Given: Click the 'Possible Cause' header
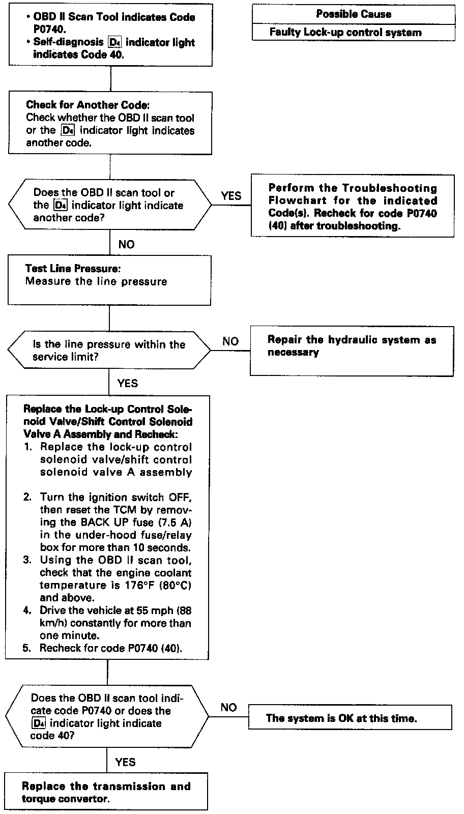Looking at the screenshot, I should pyautogui.click(x=354, y=14).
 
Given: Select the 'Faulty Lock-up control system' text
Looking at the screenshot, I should pyautogui.click(x=345, y=33).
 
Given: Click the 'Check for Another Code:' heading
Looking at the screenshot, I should pyautogui.click(x=88, y=105).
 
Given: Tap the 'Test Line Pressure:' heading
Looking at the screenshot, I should pyautogui.click(x=73, y=269).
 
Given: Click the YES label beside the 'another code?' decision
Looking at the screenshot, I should pyautogui.click(x=231, y=196).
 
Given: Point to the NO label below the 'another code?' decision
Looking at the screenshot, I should pyautogui.click(x=126, y=245).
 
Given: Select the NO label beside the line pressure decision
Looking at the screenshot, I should pyautogui.click(x=230, y=341).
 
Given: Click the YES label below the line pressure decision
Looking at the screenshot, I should pyautogui.click(x=127, y=383).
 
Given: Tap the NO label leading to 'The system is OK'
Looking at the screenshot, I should pyautogui.click(x=228, y=708).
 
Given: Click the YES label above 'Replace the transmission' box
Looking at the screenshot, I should pyautogui.click(x=125, y=762).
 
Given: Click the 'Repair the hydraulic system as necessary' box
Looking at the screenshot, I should pyautogui.click(x=352, y=351).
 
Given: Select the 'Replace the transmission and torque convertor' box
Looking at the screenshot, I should pyautogui.click(x=106, y=792).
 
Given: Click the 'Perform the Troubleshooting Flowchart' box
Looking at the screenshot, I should pyautogui.click(x=353, y=206).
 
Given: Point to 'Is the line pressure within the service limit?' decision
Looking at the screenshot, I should pyautogui.click(x=109, y=350).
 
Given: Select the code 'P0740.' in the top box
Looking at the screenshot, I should pyautogui.click(x=49, y=30).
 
